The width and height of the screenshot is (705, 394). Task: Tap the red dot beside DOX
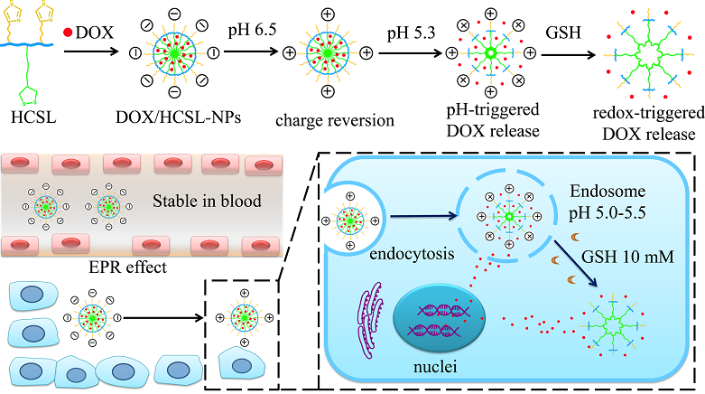tap(69, 32)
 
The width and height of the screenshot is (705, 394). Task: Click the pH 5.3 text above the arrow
tap(413, 33)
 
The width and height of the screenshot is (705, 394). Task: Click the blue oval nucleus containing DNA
tap(440, 324)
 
